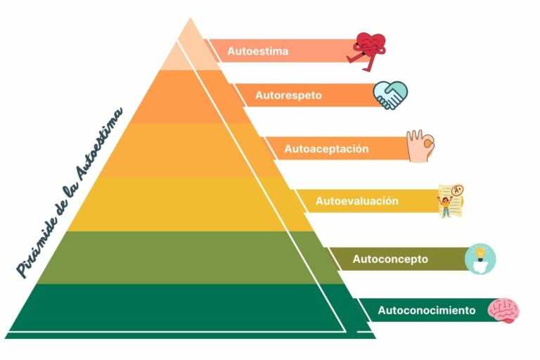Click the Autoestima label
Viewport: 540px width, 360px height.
click(x=257, y=51)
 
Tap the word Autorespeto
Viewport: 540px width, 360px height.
click(x=288, y=95)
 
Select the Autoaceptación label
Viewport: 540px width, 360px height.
click(x=326, y=149)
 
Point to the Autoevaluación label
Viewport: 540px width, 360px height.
click(x=357, y=201)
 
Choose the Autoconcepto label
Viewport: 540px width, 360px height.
click(x=390, y=259)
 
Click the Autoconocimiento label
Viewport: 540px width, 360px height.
click(x=427, y=310)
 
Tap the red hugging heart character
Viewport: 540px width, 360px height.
click(x=367, y=51)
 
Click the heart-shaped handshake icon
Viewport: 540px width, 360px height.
click(x=390, y=96)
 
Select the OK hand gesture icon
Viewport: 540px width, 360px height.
click(x=420, y=146)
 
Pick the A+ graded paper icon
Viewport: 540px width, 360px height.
click(x=451, y=201)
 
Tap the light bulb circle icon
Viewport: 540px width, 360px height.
click(x=480, y=259)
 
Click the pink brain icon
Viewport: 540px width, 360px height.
click(x=504, y=311)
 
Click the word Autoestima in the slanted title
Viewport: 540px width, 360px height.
click(x=99, y=144)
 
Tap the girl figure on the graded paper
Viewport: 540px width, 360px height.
click(x=445, y=207)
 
